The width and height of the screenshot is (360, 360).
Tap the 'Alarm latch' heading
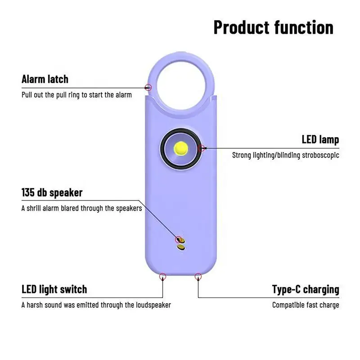tap(45, 79)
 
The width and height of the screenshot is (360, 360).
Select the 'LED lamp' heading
tap(320, 139)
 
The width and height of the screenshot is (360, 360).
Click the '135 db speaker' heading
tap(52, 193)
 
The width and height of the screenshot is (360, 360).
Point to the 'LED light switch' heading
tap(54, 289)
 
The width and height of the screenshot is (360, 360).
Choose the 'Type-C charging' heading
tap(306, 289)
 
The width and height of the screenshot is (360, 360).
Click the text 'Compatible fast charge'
tap(306, 305)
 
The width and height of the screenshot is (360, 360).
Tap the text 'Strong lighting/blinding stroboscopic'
tap(285, 155)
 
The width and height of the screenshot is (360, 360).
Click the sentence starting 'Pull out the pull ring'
tap(76, 95)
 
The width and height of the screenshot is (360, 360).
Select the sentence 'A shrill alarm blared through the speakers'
tap(81, 208)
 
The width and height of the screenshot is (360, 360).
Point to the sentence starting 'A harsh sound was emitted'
tap(96, 305)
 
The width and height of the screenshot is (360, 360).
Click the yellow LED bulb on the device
tap(181, 148)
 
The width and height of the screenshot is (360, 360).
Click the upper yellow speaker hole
tap(180, 239)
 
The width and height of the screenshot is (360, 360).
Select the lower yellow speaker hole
tap(181, 247)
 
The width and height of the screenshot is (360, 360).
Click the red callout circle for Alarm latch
tap(149, 87)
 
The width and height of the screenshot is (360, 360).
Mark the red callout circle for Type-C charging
tap(198, 276)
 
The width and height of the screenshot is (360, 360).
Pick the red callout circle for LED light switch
tap(162, 277)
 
